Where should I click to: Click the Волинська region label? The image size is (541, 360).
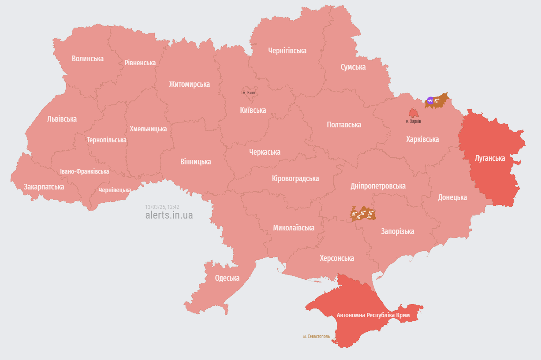tap(87, 59)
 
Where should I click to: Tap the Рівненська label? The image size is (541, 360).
tap(140, 63)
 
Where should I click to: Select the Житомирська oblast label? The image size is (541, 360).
tap(189, 84)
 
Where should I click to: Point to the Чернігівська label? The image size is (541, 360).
tap(287, 51)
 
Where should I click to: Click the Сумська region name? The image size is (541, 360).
tap(353, 67)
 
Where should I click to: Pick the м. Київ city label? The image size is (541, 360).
tap(249, 93)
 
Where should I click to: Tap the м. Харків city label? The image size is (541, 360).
tap(413, 121)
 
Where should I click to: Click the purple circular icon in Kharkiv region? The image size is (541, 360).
tap(430, 100)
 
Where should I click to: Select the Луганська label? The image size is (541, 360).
tap(490, 158)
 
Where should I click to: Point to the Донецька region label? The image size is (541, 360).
tap(452, 197)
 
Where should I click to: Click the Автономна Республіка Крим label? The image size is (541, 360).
tap(373, 315)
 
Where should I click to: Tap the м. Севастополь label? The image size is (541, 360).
tap(316, 336)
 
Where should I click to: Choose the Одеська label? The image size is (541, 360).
tap(227, 278)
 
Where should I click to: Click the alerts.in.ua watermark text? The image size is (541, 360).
tap(169, 215)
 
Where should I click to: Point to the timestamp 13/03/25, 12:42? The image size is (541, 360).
tap(162, 206)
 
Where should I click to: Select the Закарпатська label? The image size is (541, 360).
tap(44, 187)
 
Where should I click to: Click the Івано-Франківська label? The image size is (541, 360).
tap(85, 171)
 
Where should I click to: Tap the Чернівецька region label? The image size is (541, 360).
tap(114, 190)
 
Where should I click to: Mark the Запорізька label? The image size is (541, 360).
tap(397, 231)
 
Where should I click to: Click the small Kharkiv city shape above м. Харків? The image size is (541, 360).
tap(414, 112)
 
